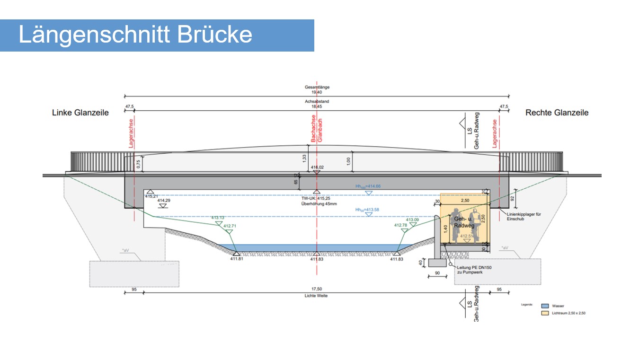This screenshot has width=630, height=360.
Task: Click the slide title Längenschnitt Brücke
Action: (x=135, y=35)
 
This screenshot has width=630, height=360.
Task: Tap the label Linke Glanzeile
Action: (x=80, y=113)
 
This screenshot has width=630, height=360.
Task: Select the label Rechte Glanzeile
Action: (x=557, y=113)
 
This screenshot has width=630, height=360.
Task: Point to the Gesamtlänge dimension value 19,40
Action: (x=317, y=92)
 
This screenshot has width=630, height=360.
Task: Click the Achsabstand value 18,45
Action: (x=317, y=107)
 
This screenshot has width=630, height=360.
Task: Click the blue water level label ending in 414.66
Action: (x=368, y=186)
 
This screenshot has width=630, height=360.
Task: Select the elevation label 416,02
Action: (x=317, y=167)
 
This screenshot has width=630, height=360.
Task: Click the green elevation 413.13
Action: (x=218, y=218)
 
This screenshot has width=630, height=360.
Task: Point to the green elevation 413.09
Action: (x=412, y=220)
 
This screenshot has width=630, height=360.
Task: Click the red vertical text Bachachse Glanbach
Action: (x=316, y=130)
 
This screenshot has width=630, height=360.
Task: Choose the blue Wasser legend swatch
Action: (x=544, y=306)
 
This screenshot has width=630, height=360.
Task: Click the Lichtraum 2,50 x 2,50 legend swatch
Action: (x=544, y=313)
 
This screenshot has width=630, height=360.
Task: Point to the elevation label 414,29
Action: (x=164, y=201)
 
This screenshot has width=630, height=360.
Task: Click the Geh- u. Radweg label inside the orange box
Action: (x=463, y=223)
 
